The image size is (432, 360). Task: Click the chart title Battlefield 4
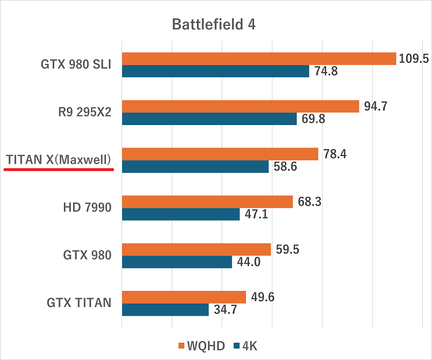(x=214, y=25)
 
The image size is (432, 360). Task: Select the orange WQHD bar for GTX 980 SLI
(x=259, y=59)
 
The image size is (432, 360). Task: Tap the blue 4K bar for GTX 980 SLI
(x=215, y=71)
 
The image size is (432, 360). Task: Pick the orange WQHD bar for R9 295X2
(x=240, y=107)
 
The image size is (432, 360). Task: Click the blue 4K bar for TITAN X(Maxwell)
(x=195, y=167)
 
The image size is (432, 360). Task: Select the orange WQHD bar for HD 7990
(x=207, y=202)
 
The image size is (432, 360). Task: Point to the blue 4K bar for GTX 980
(x=177, y=262)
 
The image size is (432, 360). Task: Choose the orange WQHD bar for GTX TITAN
(x=184, y=297)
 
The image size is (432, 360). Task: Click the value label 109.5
(x=414, y=59)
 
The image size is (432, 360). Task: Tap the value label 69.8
(x=313, y=119)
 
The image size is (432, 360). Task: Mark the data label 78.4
(x=335, y=154)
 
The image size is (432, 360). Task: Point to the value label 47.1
(x=256, y=215)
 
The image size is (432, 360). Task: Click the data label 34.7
(x=225, y=310)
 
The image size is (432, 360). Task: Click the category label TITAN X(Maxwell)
(x=58, y=160)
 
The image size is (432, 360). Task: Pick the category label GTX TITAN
(x=79, y=302)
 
